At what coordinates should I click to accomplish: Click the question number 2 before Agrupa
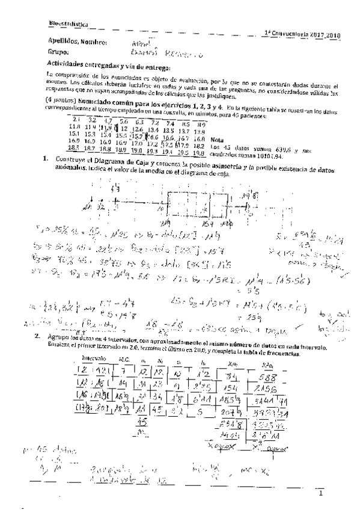[37, 336]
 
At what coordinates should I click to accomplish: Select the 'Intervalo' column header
[93, 358]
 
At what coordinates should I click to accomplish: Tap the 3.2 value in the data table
[87, 121]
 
